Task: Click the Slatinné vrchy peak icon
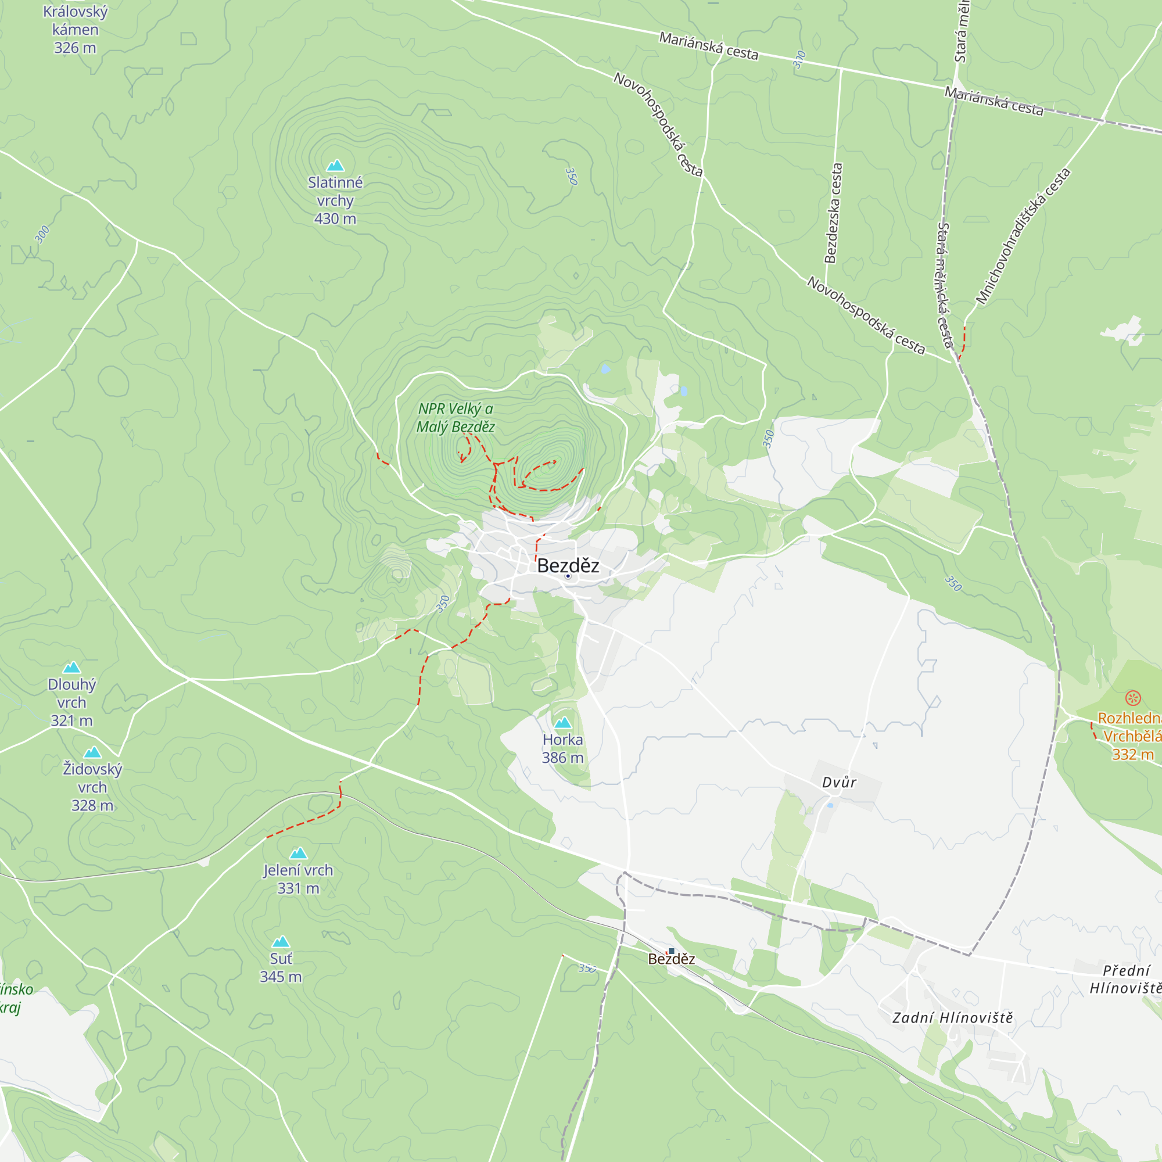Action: [335, 166]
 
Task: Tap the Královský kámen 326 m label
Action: [75, 30]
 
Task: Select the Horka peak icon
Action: [562, 722]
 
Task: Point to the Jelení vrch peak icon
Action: [298, 853]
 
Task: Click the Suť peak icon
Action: [281, 941]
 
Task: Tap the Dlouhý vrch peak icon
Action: [71, 667]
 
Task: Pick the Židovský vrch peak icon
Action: [92, 752]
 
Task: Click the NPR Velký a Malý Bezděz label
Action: [456, 417]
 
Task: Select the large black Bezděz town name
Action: [568, 565]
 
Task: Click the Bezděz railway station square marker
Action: [671, 951]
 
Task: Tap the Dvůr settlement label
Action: [839, 783]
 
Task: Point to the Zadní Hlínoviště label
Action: [952, 1018]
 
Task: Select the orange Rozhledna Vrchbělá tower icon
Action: [1133, 698]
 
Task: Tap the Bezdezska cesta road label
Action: [833, 213]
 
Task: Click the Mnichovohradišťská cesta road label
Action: [1023, 236]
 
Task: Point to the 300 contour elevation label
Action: [41, 234]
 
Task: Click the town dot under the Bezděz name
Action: [568, 576]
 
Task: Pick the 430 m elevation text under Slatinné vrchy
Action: [335, 219]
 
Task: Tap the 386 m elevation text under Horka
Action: [562, 758]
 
